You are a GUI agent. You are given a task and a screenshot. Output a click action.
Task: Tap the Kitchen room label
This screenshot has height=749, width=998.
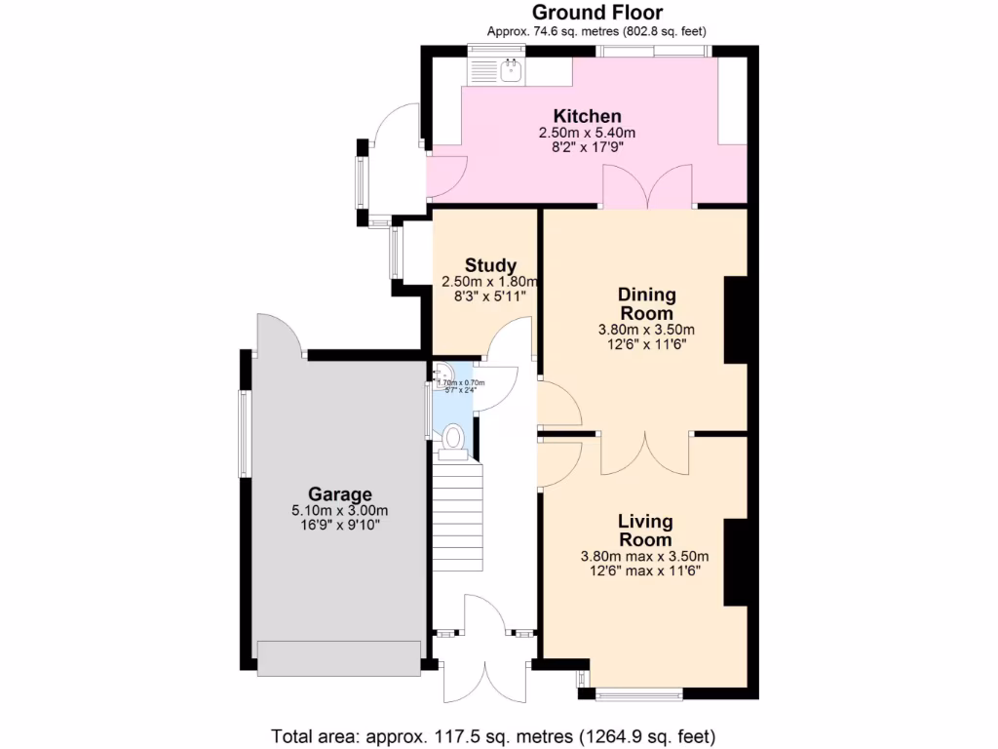tap(587, 117)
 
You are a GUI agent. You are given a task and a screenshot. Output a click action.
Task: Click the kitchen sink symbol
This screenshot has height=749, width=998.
tap(510, 68)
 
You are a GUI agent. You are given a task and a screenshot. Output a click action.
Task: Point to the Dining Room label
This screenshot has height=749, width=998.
tap(647, 304)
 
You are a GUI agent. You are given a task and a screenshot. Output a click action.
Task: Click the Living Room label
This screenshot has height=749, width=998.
tap(645, 532)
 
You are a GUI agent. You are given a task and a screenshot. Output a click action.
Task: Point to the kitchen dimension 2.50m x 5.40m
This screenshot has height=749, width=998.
tap(587, 133)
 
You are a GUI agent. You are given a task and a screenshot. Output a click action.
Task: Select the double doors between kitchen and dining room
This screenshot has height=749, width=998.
tap(647, 187)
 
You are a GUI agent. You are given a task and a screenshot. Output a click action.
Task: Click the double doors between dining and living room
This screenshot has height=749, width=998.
tap(647, 451)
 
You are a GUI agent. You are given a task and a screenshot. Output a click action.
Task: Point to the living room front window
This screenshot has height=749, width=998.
tap(638, 694)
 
